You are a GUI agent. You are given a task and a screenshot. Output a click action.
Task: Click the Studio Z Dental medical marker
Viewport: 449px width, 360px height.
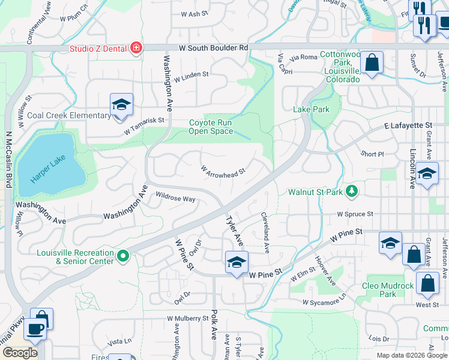(137, 47)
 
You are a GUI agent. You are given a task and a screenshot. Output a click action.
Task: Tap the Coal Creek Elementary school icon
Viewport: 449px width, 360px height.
(121, 105)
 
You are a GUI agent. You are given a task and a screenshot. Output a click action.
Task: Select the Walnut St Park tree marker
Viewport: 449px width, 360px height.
(352, 192)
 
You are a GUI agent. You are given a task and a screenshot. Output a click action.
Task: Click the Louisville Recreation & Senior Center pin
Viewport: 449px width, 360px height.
(123, 256)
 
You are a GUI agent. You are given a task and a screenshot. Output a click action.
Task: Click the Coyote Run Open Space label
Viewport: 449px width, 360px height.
(211, 127)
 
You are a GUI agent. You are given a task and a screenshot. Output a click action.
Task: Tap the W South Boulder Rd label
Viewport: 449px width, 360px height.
(213, 47)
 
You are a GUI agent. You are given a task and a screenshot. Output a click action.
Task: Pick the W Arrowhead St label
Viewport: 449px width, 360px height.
(223, 172)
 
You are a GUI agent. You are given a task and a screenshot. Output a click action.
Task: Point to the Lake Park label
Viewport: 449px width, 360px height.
(311, 109)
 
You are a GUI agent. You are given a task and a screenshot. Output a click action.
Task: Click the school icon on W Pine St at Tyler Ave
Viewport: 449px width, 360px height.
(236, 262)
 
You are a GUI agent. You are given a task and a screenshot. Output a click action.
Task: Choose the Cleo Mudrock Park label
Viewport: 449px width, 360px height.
(388, 290)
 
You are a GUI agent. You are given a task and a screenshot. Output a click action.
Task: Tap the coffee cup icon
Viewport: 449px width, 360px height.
(34, 329)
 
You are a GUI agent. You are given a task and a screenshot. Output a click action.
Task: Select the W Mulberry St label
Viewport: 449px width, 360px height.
(187, 318)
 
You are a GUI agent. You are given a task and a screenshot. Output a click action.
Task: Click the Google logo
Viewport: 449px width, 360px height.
(20, 353)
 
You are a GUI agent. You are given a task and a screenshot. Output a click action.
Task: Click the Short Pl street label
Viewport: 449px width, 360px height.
(372, 154)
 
